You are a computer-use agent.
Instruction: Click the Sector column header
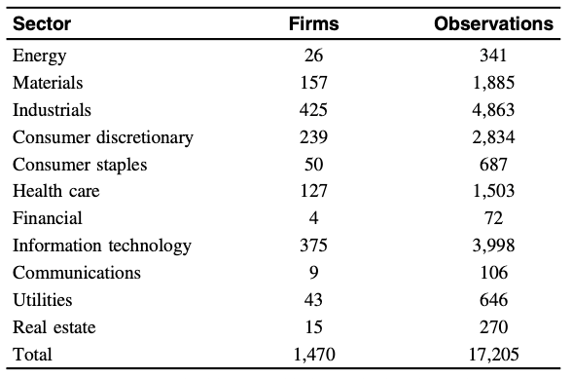(x=42, y=23)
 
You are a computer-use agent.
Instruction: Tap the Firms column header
(x=313, y=23)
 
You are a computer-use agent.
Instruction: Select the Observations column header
(x=493, y=23)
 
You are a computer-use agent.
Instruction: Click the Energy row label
(x=39, y=57)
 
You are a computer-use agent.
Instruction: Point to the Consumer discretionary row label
(x=103, y=137)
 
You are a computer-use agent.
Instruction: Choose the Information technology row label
(x=102, y=246)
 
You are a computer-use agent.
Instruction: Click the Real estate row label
(x=54, y=327)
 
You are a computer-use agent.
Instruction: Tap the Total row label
(x=32, y=354)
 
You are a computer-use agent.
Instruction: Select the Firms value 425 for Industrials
(x=313, y=110)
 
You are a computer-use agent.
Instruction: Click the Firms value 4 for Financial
(x=313, y=218)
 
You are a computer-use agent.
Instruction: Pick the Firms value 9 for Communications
(x=313, y=272)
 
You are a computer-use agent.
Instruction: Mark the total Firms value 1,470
(x=314, y=355)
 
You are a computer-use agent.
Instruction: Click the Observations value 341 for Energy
(x=493, y=56)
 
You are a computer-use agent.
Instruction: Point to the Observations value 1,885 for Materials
(x=493, y=83)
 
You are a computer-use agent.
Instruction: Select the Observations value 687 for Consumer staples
(x=493, y=164)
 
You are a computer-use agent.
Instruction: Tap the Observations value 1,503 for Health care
(x=493, y=191)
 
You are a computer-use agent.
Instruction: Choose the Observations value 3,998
(x=493, y=246)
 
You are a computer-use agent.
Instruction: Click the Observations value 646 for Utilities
(x=493, y=299)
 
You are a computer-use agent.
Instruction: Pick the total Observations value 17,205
(x=493, y=355)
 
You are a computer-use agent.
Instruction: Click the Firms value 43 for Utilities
(x=313, y=299)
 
